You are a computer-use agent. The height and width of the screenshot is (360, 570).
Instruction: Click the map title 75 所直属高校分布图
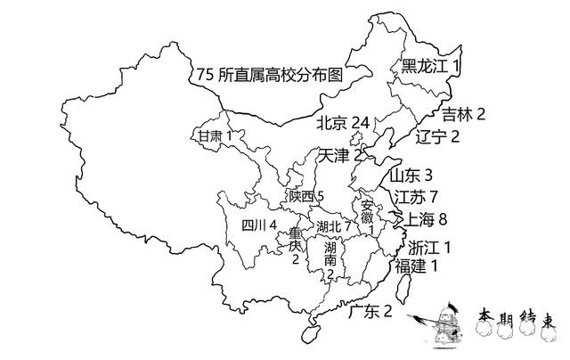[x=270, y=75]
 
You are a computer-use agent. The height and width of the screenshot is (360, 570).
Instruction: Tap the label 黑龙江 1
[x=430, y=66]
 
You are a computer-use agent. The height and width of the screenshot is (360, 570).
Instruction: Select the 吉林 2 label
[x=463, y=115]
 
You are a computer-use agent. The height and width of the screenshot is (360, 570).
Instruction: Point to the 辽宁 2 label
[x=437, y=136]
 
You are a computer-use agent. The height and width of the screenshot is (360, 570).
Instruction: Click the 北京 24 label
[x=343, y=123]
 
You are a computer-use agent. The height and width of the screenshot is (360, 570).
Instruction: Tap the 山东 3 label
[x=411, y=176]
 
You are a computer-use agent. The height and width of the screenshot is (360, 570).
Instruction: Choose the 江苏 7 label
[x=416, y=198]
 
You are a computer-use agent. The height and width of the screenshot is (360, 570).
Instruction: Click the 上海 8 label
[x=426, y=219]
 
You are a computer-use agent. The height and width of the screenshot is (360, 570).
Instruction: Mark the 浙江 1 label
[x=429, y=248]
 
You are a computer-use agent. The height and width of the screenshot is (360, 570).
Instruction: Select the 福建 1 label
[x=416, y=266]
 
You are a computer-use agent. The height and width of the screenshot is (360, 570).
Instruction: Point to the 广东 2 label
[x=370, y=312]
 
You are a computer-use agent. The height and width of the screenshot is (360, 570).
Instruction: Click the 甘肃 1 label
[x=215, y=136]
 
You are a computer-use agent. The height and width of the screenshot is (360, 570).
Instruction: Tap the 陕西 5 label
[x=306, y=197]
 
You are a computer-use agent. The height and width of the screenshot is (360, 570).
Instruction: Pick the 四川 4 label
[x=259, y=225]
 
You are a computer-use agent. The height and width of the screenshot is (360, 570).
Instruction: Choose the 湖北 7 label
[x=333, y=227]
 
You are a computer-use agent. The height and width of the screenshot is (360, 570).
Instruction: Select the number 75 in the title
[x=205, y=75]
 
